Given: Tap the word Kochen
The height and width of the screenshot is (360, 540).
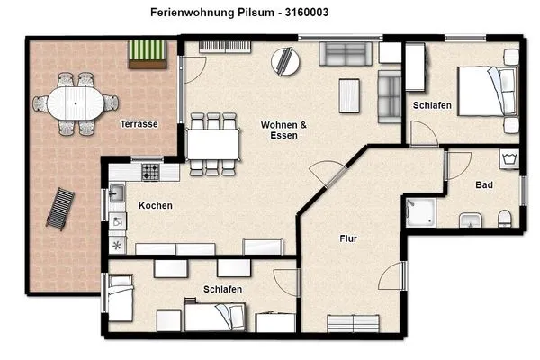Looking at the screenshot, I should click(155, 206).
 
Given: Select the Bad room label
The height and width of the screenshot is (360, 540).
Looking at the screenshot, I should click(484, 185).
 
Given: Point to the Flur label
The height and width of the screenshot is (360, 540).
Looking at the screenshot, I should click(349, 239).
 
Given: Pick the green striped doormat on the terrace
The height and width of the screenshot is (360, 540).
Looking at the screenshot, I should click(146, 54).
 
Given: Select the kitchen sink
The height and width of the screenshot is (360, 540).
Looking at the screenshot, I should click(117, 192).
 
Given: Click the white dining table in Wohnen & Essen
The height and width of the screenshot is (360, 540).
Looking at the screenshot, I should click(213, 142).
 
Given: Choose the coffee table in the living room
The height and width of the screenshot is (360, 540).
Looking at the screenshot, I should click(349, 94).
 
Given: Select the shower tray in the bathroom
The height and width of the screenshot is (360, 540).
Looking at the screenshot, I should click(420, 212).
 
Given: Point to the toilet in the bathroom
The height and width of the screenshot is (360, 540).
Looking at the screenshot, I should click(504, 217).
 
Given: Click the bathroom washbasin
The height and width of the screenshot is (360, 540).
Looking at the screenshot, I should click(470, 220).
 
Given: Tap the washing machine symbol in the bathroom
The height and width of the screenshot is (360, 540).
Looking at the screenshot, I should click(508, 160).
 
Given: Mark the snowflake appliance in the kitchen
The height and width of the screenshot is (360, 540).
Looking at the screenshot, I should click(116, 244).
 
